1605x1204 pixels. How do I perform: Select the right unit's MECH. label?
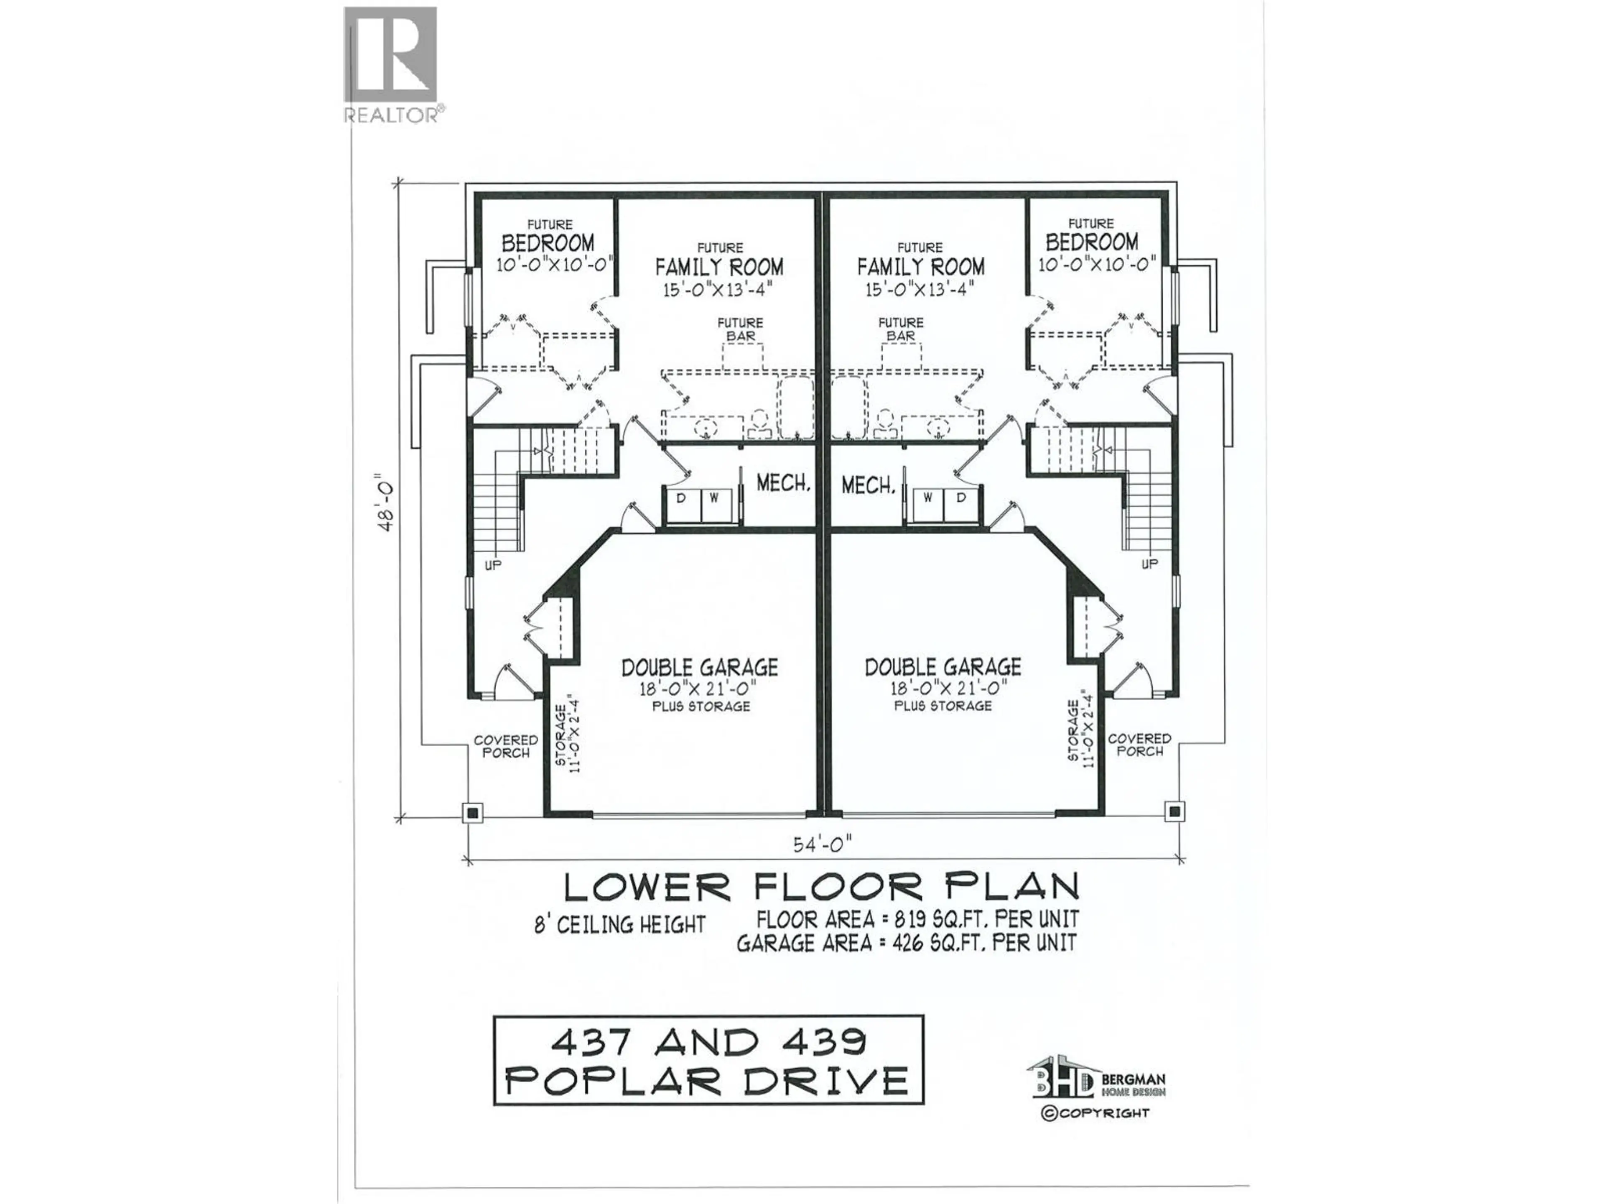coord(867,485)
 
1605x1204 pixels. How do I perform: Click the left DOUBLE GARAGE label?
coord(699,667)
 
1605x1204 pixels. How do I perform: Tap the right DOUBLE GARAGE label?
coord(943,667)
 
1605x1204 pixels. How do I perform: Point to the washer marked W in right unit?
coord(927,498)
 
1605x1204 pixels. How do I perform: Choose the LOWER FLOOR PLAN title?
coord(821,886)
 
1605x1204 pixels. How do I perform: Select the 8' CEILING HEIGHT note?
coord(620,925)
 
